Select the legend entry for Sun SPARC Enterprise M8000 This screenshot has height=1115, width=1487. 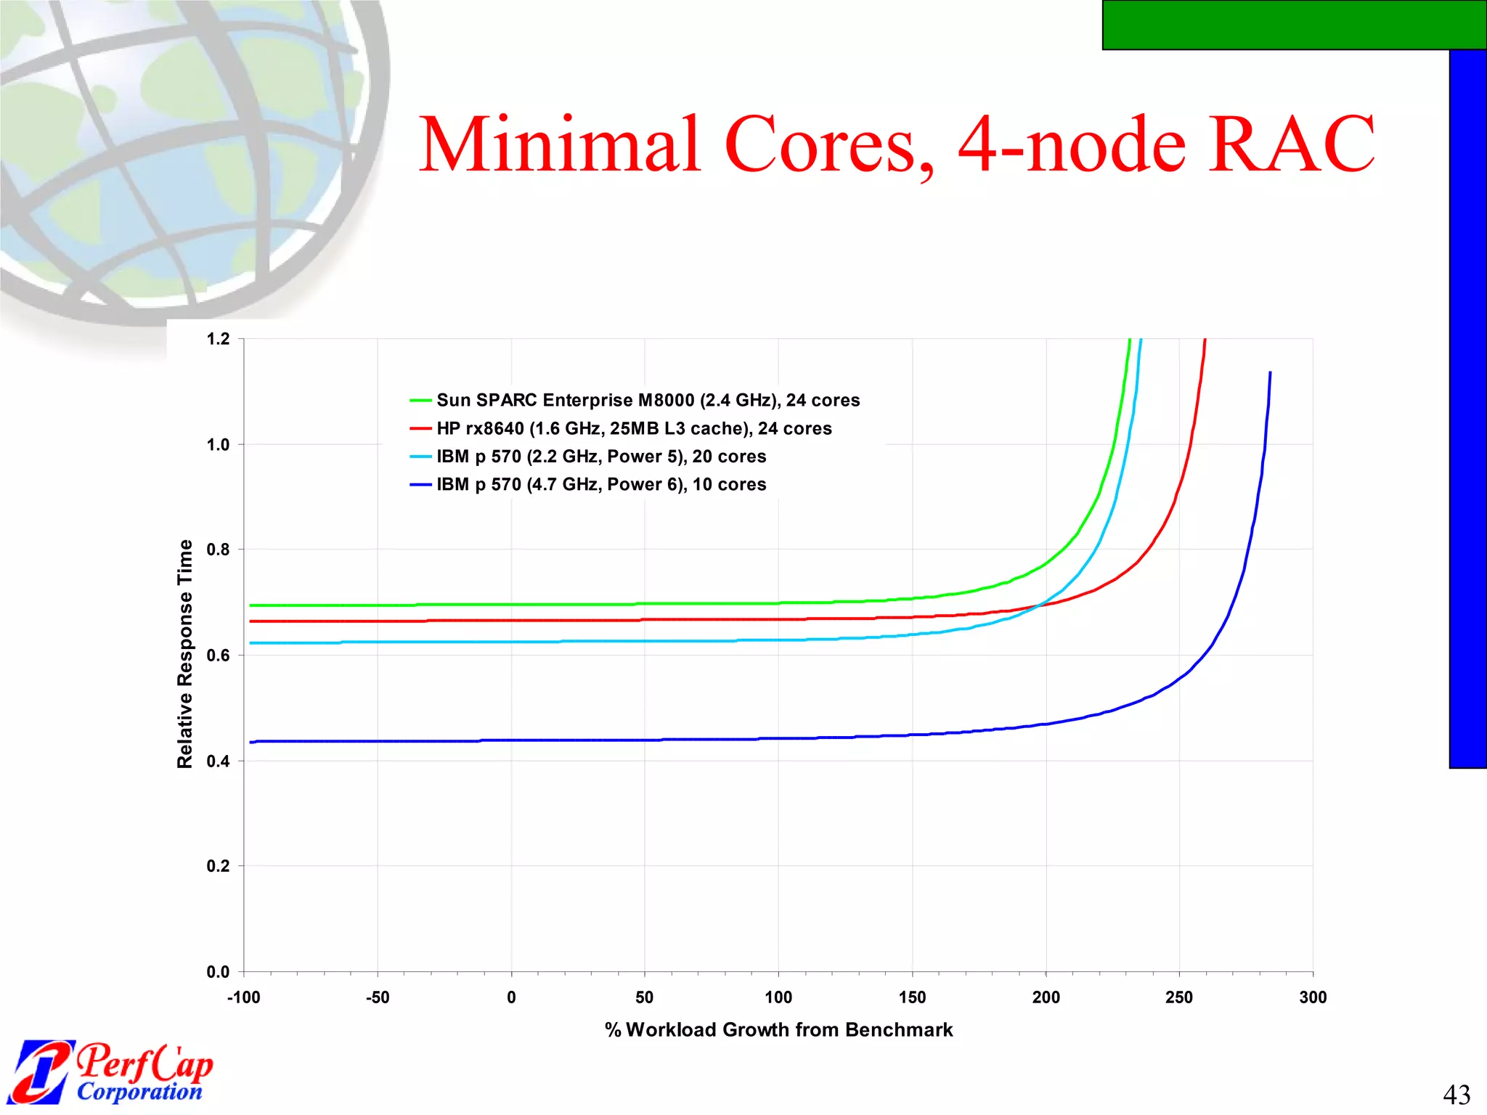[x=647, y=400]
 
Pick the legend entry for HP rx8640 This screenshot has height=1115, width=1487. [x=633, y=428]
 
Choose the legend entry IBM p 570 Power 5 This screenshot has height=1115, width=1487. [x=600, y=457]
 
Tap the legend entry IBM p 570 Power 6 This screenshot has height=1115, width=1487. [x=600, y=484]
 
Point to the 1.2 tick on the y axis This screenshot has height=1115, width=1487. [x=218, y=339]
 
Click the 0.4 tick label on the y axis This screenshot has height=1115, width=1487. [x=218, y=761]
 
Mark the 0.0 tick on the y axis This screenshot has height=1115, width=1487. [x=218, y=971]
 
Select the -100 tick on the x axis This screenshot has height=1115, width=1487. [x=243, y=997]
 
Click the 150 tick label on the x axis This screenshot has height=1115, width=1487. [x=912, y=997]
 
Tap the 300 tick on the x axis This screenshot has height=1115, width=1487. [x=1313, y=997]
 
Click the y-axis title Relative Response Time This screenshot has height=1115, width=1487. [x=185, y=653]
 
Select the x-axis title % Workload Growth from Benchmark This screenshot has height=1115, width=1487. [x=778, y=1029]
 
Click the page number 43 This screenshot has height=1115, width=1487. [x=1456, y=1094]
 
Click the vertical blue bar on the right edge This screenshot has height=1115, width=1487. [x=1467, y=407]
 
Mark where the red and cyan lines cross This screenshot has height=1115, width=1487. [x=1040, y=605]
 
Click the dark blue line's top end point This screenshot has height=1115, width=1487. [x=1270, y=372]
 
